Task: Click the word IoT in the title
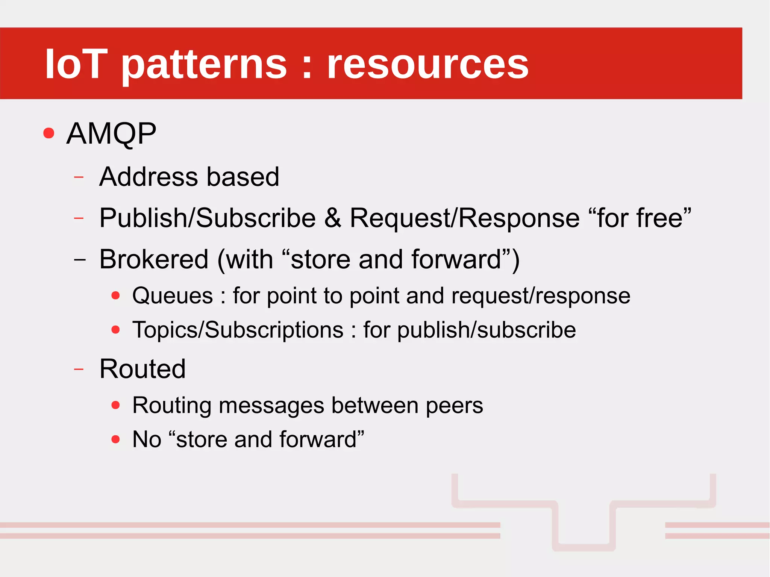[76, 64]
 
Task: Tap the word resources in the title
[427, 65]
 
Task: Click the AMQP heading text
[111, 133]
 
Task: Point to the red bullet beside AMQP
[49, 133]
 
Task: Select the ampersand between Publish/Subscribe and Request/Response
[333, 218]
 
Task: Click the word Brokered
[154, 259]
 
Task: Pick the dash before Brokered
[80, 259]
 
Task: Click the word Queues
[173, 296]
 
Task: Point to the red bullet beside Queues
[115, 295]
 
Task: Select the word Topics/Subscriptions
[238, 330]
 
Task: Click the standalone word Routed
[142, 369]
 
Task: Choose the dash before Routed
[79, 370]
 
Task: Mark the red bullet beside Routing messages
[115, 405]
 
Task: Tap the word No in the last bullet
[147, 439]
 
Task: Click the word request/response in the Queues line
[541, 296]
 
